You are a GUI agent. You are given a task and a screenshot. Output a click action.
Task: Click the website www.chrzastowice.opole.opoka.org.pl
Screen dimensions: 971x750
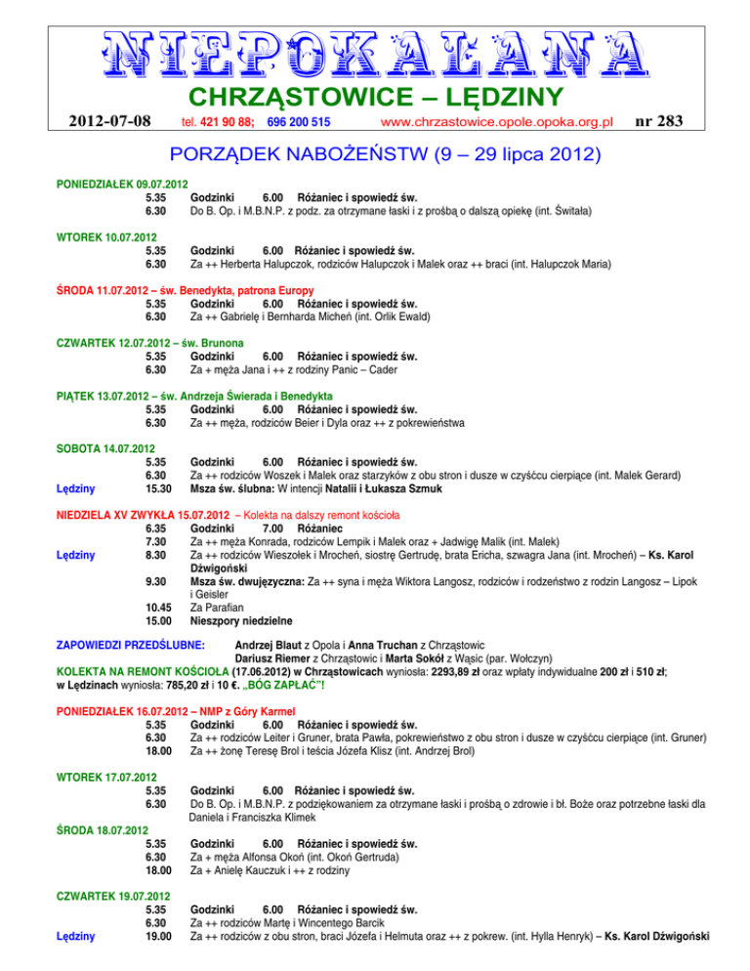point(496,122)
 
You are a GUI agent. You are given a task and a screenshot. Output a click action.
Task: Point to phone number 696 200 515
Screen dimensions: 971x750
point(298,122)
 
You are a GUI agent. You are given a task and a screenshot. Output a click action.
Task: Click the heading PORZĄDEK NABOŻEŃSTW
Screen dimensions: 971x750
point(293,156)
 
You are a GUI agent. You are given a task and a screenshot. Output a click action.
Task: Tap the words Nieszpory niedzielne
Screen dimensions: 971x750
point(240,620)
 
